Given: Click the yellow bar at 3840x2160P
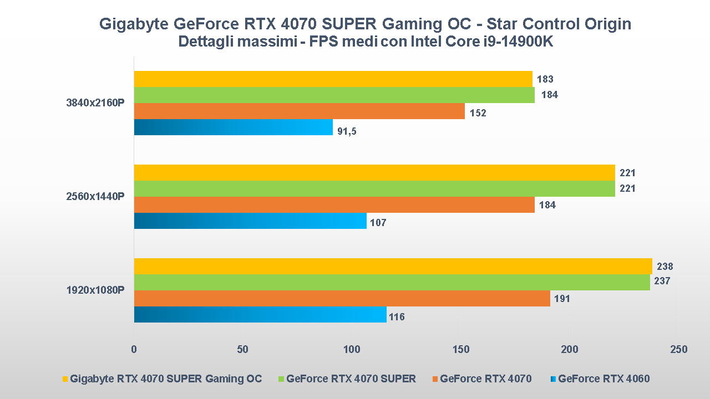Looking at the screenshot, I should coord(333,79).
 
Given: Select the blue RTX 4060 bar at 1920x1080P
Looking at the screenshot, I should coord(260,315).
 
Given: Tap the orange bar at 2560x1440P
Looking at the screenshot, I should coord(334,205).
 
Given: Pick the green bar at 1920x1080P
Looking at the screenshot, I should coord(392,283).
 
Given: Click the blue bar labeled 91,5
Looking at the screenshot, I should coord(233,127).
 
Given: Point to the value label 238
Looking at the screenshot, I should coord(665,267).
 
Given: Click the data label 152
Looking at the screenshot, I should coord(478,113).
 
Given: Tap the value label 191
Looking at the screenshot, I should coord(562,299).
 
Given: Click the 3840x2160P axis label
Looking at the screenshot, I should coord(95,103).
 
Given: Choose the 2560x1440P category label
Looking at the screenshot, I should coord(95,197).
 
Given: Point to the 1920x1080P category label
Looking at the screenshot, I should coord(95,290).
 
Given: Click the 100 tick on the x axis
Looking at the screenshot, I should coord(352,350).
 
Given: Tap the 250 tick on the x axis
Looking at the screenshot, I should coord(678,350).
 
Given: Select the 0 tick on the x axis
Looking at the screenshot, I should coord(134,350).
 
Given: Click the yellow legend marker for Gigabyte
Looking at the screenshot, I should coord(65,380).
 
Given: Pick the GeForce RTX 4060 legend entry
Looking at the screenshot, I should coord(603,379).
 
